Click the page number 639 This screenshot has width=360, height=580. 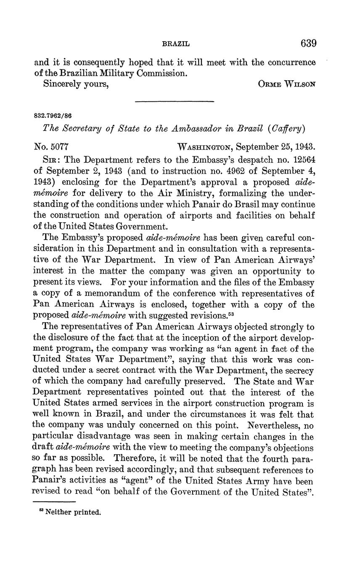click(x=308, y=43)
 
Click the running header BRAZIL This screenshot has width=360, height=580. click(x=176, y=44)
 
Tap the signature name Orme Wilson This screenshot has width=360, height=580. click(x=287, y=84)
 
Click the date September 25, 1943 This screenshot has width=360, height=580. click(x=275, y=147)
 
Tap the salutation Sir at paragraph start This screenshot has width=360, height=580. click(x=51, y=160)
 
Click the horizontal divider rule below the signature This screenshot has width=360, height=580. click(x=174, y=101)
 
